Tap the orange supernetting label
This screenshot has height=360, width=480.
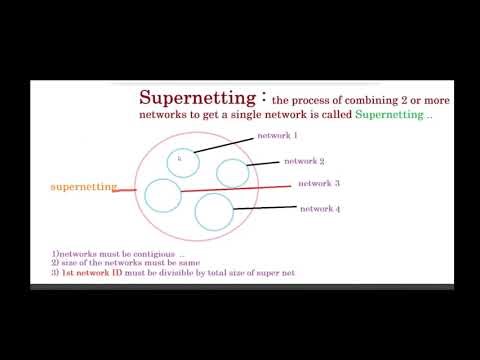click(83, 186)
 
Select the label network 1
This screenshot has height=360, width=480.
click(277, 134)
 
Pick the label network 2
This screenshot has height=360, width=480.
click(304, 160)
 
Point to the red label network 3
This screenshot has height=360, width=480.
click(320, 183)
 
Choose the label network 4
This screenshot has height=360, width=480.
click(320, 208)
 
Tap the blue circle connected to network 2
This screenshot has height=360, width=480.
click(232, 173)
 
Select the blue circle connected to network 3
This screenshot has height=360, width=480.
click(161, 194)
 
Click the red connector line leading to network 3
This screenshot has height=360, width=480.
click(240, 187)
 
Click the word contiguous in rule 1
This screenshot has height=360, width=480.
click(152, 254)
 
